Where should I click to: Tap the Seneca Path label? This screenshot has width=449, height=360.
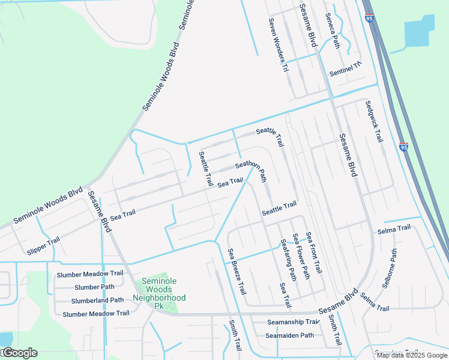332,31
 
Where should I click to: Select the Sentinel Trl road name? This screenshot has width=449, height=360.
346,69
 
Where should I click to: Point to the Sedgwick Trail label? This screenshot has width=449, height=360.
373,121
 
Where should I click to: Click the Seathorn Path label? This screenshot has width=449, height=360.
251,171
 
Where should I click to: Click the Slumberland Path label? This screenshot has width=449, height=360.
97,300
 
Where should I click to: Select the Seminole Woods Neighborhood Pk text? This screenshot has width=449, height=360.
159,293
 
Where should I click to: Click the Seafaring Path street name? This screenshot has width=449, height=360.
288,260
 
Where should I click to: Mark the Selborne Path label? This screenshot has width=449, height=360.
390,269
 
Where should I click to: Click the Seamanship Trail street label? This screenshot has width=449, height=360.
293,322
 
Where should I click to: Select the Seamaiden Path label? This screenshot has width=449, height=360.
291,335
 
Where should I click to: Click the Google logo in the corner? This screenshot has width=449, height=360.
19,353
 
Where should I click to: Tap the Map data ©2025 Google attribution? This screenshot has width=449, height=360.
412,355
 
